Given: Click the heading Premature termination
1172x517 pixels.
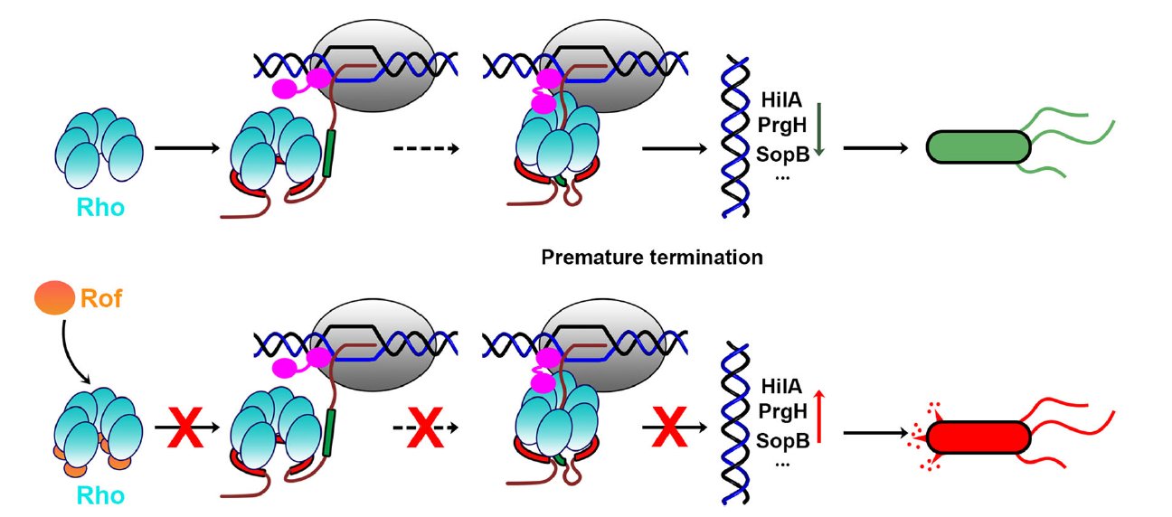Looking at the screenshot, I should click(x=651, y=258).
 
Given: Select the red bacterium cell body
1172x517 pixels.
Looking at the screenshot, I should click(x=978, y=437).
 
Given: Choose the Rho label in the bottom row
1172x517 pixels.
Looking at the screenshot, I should click(x=100, y=495).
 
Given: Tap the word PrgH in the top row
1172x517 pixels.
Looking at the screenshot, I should click(x=781, y=127).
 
